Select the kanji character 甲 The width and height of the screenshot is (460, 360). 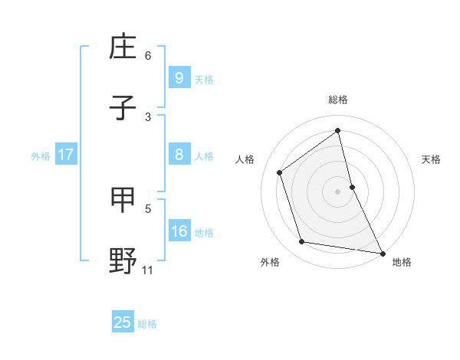pyautogui.click(x=123, y=199)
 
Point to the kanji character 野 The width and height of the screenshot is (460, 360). pyautogui.click(x=123, y=260)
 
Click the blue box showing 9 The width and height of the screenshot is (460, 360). pyautogui.click(x=179, y=78)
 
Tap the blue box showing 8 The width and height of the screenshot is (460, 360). pyautogui.click(x=179, y=155)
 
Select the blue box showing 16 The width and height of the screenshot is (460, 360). pyautogui.click(x=179, y=231)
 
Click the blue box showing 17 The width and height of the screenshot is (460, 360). pyautogui.click(x=66, y=155)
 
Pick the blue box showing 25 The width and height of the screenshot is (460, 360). pyautogui.click(x=123, y=322)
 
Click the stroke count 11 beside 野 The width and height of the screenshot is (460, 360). pyautogui.click(x=148, y=270)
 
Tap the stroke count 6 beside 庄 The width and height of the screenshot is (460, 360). pyautogui.click(x=148, y=55)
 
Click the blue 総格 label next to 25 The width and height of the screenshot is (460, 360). pyautogui.click(x=147, y=324)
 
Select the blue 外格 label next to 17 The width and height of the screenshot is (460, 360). pyautogui.click(x=41, y=155)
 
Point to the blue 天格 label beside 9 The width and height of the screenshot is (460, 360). pyautogui.click(x=204, y=79)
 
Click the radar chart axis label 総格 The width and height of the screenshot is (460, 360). pyautogui.click(x=338, y=100)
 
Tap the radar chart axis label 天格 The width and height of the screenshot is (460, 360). pyautogui.click(x=431, y=159)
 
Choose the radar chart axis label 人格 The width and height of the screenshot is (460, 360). pyautogui.click(x=245, y=159)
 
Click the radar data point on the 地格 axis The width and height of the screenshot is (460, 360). pyautogui.click(x=382, y=252)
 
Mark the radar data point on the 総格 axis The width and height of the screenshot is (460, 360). pyautogui.click(x=338, y=131)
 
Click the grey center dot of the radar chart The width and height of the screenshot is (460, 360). pyautogui.click(x=338, y=191)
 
